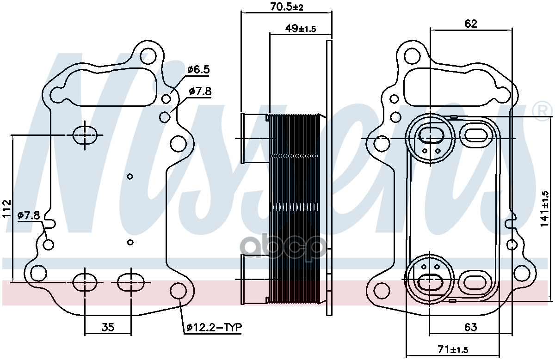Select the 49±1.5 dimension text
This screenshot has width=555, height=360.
(300, 29)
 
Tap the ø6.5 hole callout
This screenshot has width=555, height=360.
(198, 70)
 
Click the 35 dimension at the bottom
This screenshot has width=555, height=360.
(107, 328)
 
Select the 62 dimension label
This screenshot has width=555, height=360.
(471, 24)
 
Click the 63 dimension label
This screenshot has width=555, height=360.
(470, 328)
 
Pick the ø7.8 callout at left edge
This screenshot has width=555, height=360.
(29, 215)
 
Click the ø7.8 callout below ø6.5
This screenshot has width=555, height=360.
(200, 92)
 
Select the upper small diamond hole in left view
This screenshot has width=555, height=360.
(130, 176)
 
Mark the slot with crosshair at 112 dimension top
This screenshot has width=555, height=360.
(85, 135)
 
